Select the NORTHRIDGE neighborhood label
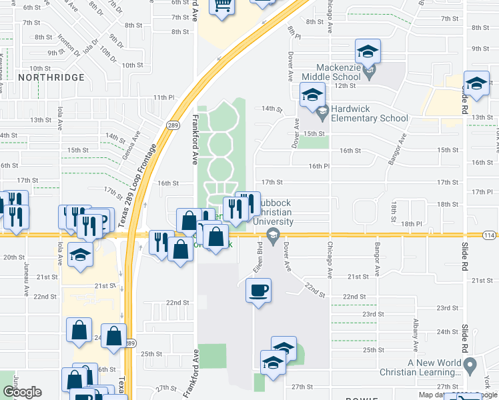pos(51,77)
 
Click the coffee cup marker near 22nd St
pos(258,290)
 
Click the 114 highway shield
pos(489,235)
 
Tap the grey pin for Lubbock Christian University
pos(272,234)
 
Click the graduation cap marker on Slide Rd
pos(476,83)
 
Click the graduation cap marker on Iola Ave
pos(81,256)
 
